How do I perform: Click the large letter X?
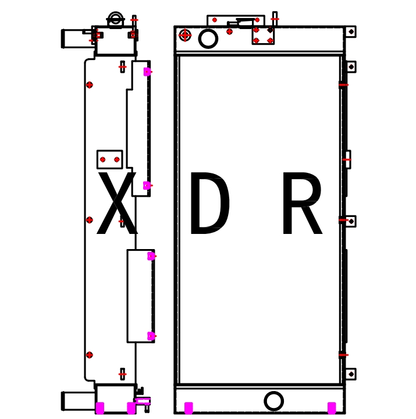[x=117, y=203]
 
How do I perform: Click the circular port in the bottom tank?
[x=273, y=401]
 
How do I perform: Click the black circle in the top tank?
[x=208, y=39]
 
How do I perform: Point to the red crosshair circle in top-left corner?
[x=185, y=35]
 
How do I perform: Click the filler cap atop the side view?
[x=115, y=20]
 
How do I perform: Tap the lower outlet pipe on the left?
[x=78, y=401]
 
